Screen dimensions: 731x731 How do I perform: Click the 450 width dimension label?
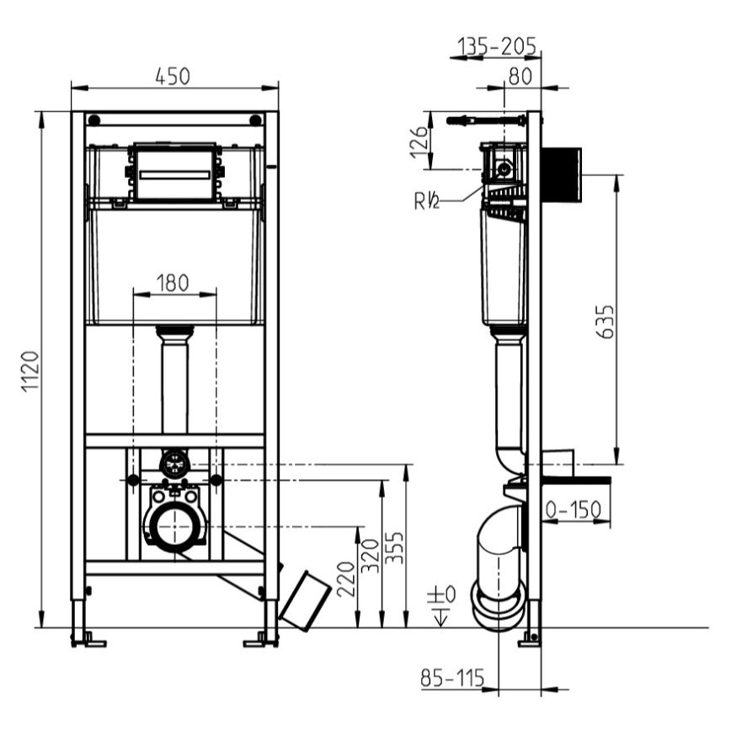coord(173,75)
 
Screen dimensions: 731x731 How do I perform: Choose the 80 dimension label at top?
coord(519,75)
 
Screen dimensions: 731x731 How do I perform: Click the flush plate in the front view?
coord(173,173)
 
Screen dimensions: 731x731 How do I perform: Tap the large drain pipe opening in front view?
coord(174,526)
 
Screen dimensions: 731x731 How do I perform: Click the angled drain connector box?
coord(305,599)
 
